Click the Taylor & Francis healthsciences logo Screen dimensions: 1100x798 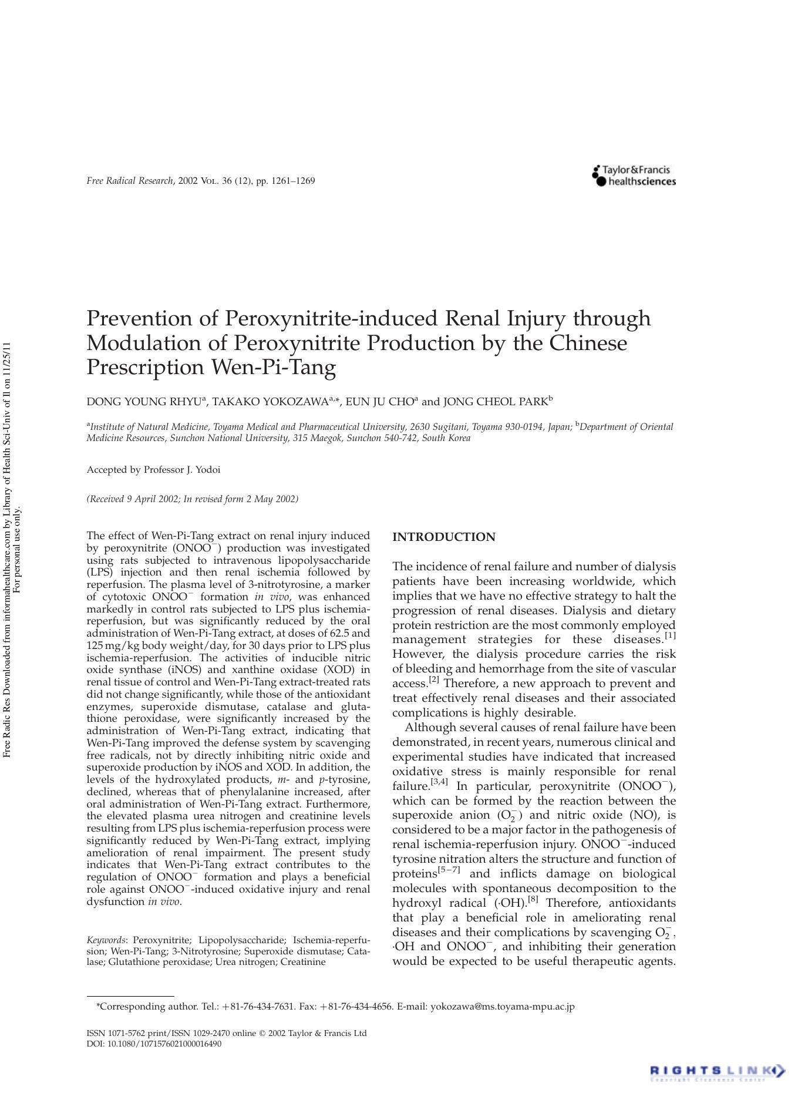coord(634,176)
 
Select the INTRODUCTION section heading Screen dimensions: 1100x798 coord(443,537)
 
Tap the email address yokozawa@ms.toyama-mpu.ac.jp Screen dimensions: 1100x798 coord(503,1007)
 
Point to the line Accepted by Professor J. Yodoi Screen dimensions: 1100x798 coord(153,470)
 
